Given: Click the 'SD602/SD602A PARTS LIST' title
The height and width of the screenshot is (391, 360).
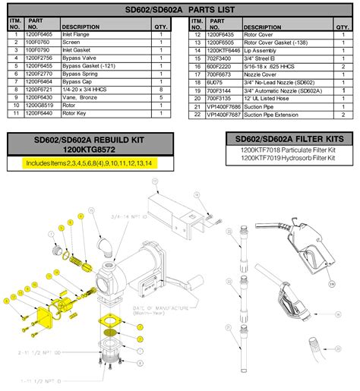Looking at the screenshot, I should [180, 11].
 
